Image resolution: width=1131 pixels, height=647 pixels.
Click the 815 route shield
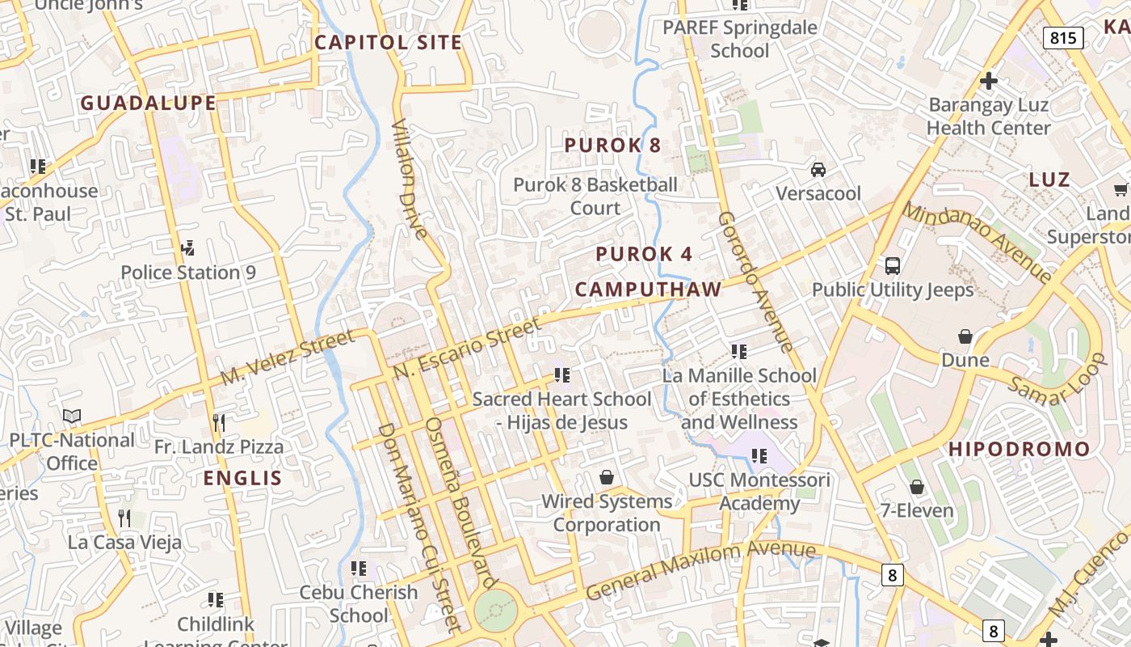coord(1062,37)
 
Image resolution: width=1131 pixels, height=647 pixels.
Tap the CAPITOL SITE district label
coord(388,43)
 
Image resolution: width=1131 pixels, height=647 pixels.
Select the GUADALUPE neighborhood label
coord(148,103)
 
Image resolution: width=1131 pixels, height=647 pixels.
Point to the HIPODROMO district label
coord(1019,449)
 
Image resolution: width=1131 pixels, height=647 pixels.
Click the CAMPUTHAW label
coord(648,290)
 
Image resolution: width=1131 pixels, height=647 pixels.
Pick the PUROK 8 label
coord(612,146)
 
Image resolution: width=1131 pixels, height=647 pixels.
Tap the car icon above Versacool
coord(818,170)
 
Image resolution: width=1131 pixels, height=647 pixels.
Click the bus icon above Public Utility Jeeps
coord(893,265)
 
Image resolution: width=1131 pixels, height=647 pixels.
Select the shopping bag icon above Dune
coord(965,336)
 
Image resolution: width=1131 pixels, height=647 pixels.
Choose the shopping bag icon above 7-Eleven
coord(916,487)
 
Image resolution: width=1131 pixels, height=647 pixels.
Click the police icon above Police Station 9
coord(188,247)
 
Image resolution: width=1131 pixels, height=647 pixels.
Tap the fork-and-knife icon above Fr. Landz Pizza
coord(218,422)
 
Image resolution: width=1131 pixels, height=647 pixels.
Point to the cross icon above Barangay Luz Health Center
coord(988,81)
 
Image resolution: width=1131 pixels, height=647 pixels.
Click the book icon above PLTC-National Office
coord(72,416)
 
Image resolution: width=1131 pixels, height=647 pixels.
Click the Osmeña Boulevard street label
coord(460,502)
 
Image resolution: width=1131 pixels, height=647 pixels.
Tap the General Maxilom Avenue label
coord(700,569)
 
